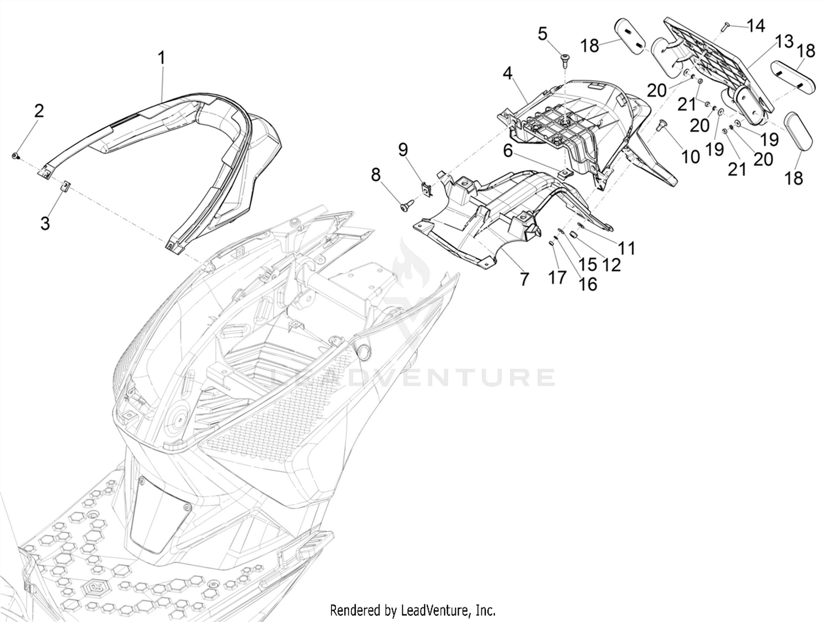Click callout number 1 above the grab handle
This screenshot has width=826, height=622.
point(161,58)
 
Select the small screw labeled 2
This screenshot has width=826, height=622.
point(15,156)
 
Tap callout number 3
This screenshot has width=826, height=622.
point(45,223)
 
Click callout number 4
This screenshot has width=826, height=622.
point(508,73)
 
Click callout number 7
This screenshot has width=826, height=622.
point(524,280)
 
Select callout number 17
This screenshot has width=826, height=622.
point(558,277)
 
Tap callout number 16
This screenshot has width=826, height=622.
point(588,285)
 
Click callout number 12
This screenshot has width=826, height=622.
point(611,265)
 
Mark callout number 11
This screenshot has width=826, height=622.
point(627,248)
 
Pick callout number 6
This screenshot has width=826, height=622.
point(508,151)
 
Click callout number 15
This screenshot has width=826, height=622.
point(588,264)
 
